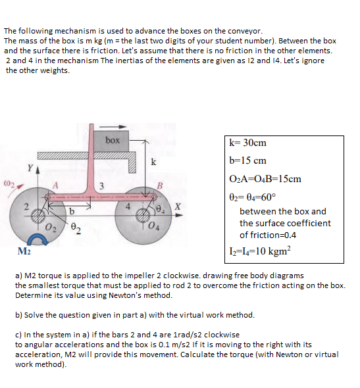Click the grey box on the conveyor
point(111,141)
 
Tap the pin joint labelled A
point(48,197)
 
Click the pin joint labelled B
point(154,197)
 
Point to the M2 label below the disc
point(24,251)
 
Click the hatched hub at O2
point(38,215)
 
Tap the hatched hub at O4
point(143,215)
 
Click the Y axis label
point(30,168)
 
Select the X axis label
point(178,206)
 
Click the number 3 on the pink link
point(101,186)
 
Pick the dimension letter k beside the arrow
point(153,162)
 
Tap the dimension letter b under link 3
point(72,211)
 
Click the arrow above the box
point(113,127)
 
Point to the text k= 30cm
point(248,143)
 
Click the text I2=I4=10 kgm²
point(260,251)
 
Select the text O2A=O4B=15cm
point(265,179)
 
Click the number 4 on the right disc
point(128,206)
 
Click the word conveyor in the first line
point(245,32)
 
